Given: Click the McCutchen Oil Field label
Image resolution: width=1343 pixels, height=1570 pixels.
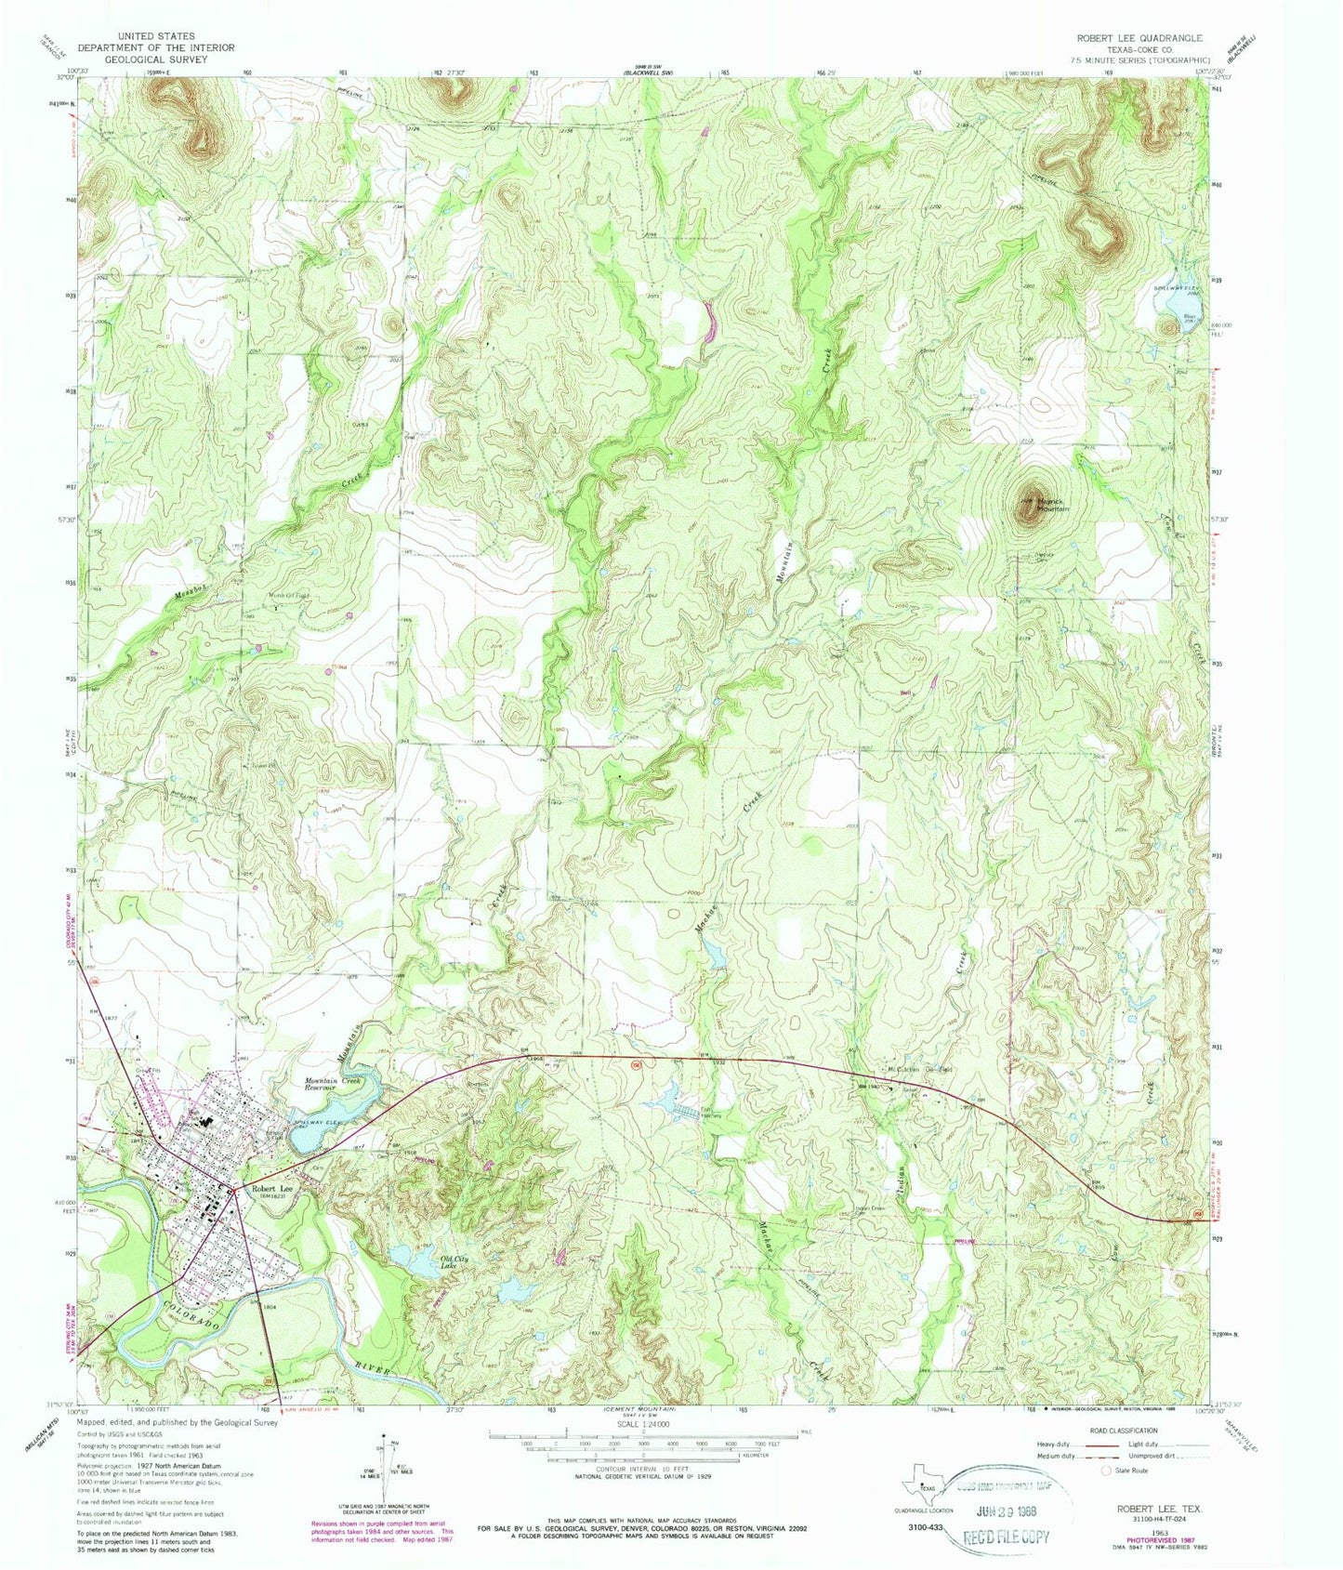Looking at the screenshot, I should [x=920, y=1070].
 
